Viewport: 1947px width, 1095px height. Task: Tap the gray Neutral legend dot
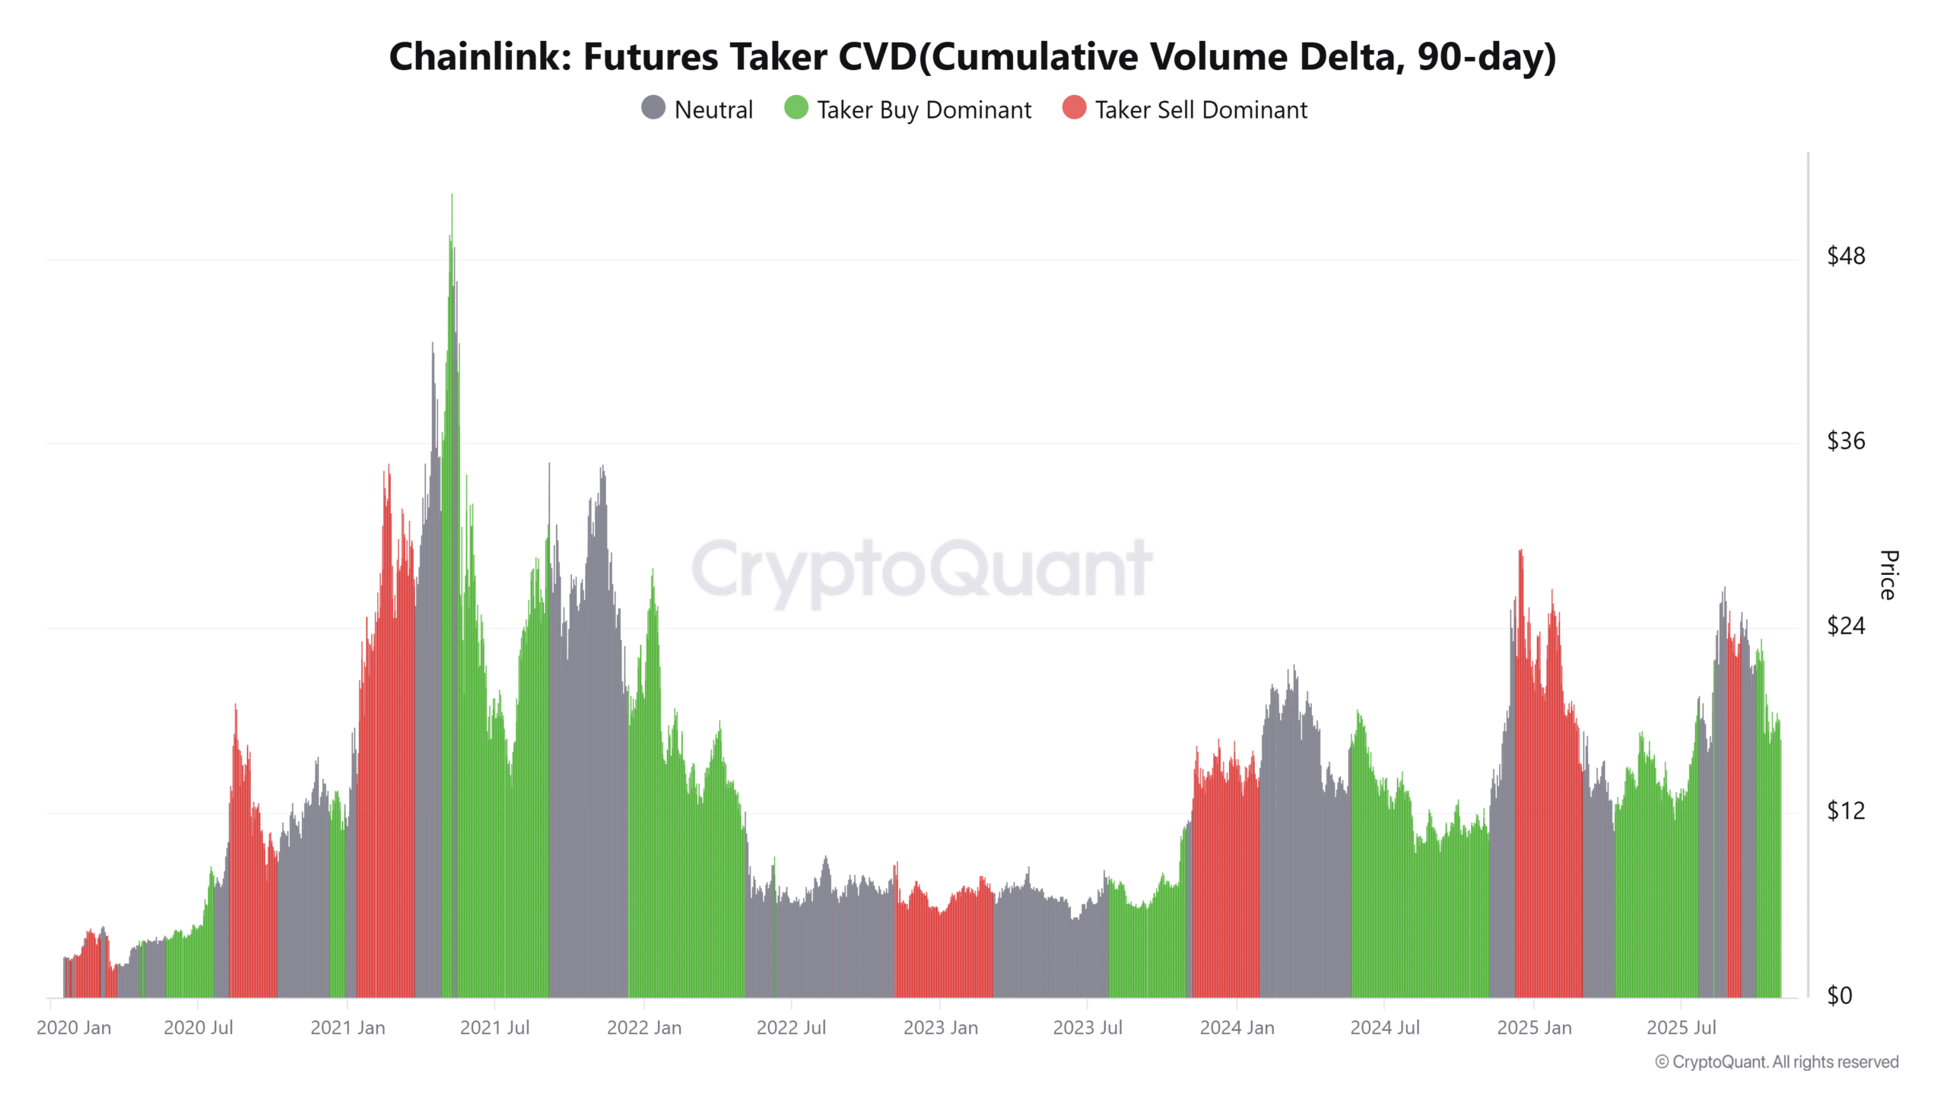coord(653,108)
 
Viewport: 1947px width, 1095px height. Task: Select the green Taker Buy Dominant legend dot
coord(796,108)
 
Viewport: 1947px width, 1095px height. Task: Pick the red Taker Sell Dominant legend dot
coord(1074,108)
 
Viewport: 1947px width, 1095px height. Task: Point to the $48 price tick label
coord(1846,256)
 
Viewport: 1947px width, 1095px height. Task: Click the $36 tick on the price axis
coord(1846,441)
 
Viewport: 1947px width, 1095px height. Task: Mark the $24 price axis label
coord(1846,626)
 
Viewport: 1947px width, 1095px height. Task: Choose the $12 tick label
coord(1846,811)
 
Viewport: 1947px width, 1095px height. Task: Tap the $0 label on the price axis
coord(1840,995)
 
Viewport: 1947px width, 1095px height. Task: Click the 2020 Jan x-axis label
coord(74,1028)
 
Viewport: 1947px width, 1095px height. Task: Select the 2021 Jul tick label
coord(494,1028)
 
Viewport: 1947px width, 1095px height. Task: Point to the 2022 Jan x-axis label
coord(644,1028)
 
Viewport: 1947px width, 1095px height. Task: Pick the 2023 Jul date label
coord(1088,1028)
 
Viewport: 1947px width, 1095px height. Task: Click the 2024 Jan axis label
coord(1237,1028)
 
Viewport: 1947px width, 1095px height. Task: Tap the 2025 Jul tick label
coord(1682,1028)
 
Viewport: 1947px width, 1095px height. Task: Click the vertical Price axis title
coord(1888,575)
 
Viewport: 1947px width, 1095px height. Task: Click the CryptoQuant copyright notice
coord(1777,1062)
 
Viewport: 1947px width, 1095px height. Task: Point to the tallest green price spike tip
coord(452,196)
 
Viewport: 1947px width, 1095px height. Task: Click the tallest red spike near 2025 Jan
coord(1520,552)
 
